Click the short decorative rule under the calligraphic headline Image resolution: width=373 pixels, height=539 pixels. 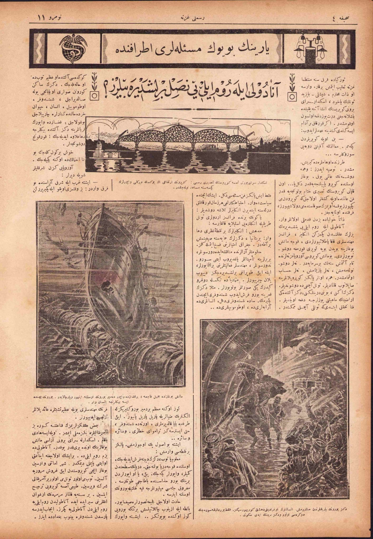(191, 109)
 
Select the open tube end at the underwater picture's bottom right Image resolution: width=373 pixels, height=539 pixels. (169, 363)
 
